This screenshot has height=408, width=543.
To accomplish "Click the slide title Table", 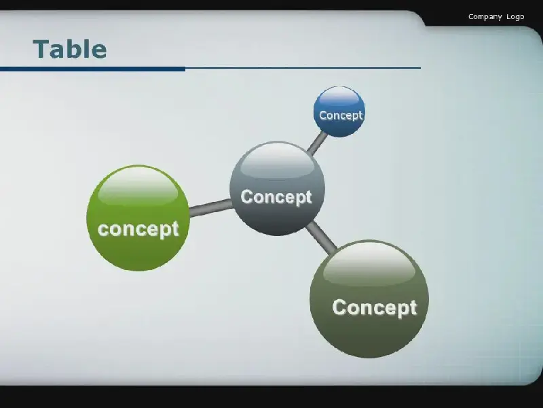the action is point(70,49).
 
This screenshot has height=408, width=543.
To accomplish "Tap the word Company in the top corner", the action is point(485,17).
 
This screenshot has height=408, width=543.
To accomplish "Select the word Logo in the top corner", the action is point(515,17).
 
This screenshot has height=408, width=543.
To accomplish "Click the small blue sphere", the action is point(339,112).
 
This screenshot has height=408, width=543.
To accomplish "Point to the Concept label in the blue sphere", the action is point(341,116).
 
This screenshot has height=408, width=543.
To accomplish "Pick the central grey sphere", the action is point(277,188).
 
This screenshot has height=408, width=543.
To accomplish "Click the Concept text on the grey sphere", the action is point(276,197).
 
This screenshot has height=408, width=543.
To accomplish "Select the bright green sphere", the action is point(138,218).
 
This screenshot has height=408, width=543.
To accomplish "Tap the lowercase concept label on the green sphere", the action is point(138,230).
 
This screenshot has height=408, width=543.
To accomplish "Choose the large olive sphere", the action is point(369,299).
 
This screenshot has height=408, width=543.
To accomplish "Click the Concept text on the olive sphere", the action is point(375,308).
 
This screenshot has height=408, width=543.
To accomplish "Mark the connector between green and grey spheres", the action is point(210,208).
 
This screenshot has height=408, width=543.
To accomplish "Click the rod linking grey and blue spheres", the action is point(317,143).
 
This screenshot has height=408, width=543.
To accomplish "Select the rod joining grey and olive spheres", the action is point(321,237).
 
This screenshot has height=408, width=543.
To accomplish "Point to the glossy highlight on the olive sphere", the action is point(369,265).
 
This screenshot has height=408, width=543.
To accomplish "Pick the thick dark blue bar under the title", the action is point(92,69).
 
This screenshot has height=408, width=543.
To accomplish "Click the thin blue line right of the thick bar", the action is point(303,68).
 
